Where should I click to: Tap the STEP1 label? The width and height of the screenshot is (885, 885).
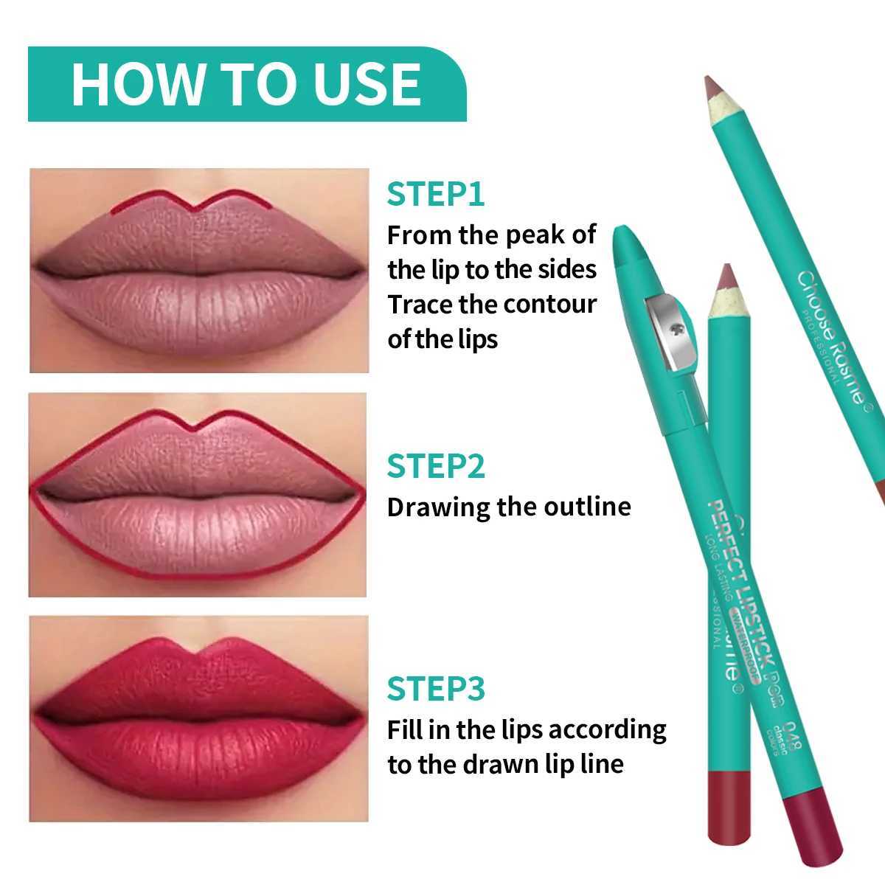tap(436, 195)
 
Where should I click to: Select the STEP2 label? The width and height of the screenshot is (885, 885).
tap(436, 466)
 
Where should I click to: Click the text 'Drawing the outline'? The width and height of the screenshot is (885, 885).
tap(509, 507)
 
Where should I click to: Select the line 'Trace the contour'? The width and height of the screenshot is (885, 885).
tap(492, 304)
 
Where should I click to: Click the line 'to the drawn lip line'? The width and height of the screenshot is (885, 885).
tap(505, 764)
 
